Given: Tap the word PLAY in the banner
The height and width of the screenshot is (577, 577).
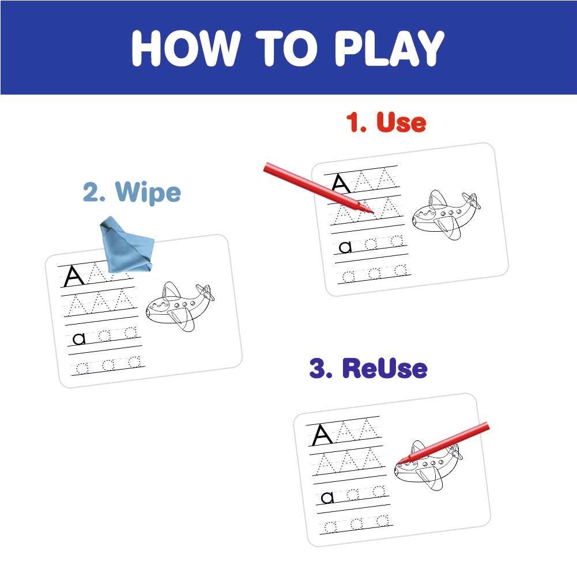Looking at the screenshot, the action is (x=389, y=48).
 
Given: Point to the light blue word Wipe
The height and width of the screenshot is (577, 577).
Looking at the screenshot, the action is (x=148, y=192).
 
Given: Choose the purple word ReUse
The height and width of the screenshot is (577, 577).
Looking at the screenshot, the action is (x=385, y=368).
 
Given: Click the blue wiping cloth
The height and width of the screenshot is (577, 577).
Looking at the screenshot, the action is (x=126, y=245).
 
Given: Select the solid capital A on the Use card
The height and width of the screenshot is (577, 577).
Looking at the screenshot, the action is (x=341, y=183).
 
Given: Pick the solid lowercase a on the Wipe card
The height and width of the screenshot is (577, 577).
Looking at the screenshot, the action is (x=79, y=338).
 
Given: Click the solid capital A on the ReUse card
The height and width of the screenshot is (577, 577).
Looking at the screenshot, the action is (x=322, y=435).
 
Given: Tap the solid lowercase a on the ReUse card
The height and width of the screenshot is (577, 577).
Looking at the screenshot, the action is (x=327, y=498).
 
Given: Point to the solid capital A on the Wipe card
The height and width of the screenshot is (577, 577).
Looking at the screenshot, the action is (x=74, y=276).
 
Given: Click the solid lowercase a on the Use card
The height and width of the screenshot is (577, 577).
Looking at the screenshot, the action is (x=345, y=247).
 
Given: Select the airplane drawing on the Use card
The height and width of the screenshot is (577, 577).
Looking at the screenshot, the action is (x=446, y=214).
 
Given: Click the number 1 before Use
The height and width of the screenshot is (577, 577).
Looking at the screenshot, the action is (x=356, y=122).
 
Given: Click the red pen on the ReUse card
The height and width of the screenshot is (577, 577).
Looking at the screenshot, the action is (x=443, y=443).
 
